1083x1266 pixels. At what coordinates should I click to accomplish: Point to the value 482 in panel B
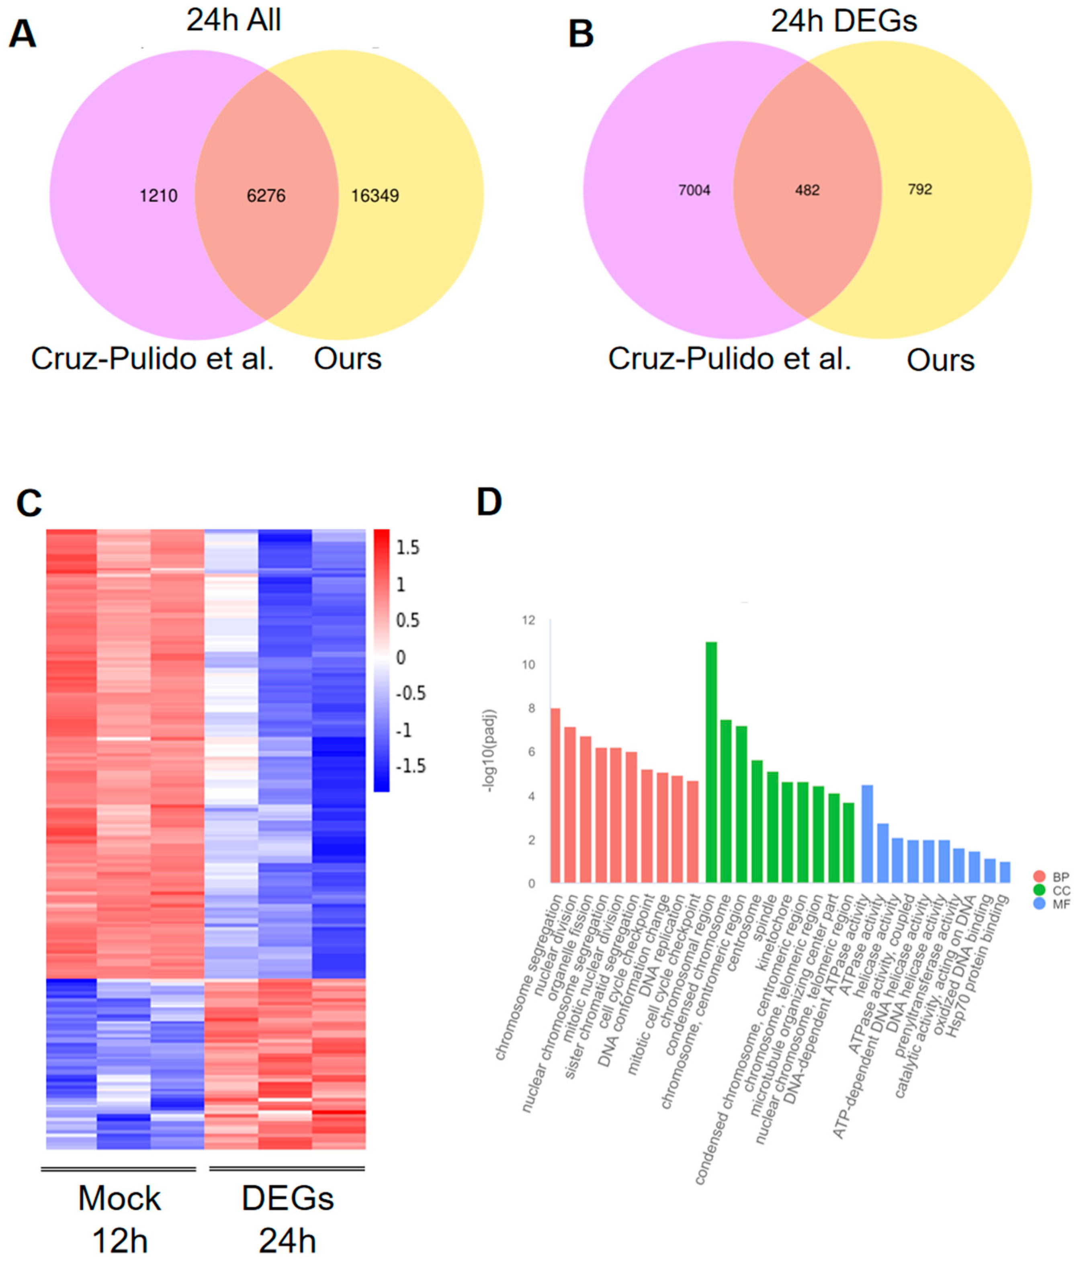click(x=807, y=191)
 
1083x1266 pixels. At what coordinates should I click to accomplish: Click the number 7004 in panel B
click(x=694, y=191)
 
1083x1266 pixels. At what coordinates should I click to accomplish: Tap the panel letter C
click(x=29, y=504)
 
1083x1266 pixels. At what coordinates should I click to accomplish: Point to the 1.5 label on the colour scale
click(x=407, y=547)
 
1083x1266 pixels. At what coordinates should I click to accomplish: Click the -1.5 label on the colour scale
click(x=410, y=766)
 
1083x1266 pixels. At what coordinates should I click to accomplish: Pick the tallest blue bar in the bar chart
click(x=867, y=834)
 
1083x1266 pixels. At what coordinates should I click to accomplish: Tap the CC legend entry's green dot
click(x=1039, y=890)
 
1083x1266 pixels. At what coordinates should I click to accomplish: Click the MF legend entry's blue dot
click(x=1039, y=903)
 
